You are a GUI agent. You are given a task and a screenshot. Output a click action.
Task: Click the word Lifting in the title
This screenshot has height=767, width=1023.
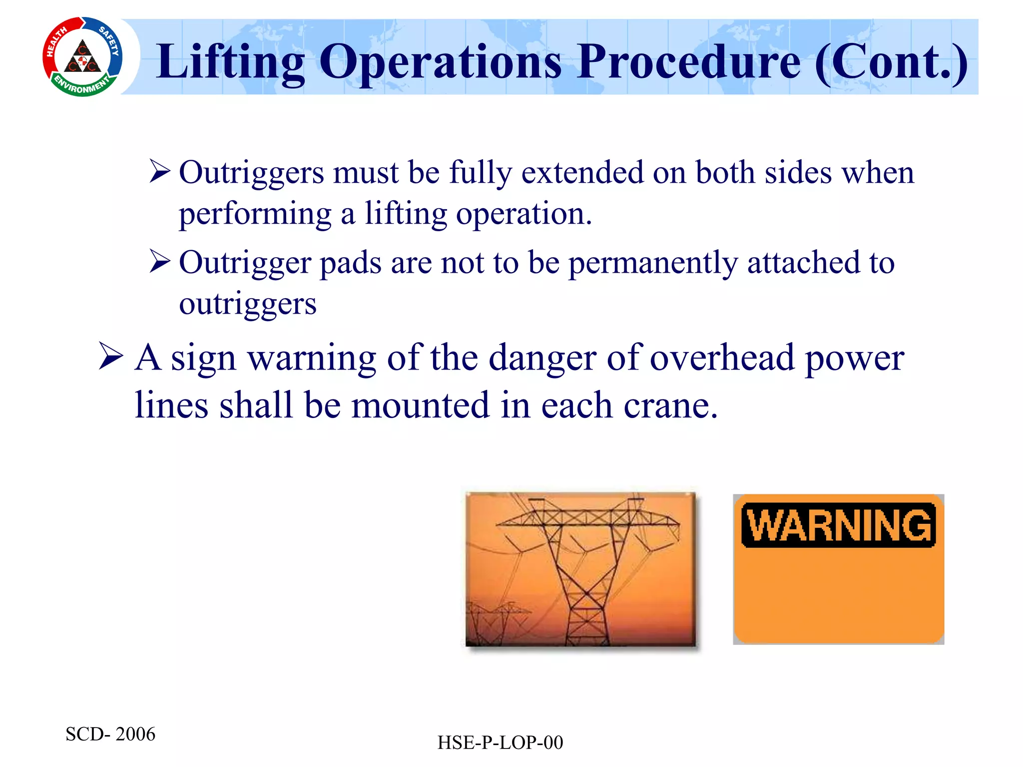(230, 62)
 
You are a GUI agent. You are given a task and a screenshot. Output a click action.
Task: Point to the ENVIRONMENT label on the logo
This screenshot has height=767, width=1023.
(82, 86)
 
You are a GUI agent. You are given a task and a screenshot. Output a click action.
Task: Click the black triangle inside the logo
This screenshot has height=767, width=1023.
(82, 59)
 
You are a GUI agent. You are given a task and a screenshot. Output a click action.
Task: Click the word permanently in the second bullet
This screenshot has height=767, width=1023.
(653, 263)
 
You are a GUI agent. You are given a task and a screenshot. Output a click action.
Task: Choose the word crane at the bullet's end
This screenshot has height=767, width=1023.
(664, 405)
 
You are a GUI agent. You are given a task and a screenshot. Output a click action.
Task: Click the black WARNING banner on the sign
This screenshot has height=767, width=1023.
(838, 525)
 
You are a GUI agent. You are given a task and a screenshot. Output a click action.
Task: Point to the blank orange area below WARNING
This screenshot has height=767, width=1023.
(838, 597)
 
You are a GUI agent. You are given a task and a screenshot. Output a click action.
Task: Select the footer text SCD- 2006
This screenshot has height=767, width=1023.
(110, 734)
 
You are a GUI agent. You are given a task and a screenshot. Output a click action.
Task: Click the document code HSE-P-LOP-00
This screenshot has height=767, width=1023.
(500, 743)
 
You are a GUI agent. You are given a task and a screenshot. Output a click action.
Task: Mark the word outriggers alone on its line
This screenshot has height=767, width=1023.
(248, 304)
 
